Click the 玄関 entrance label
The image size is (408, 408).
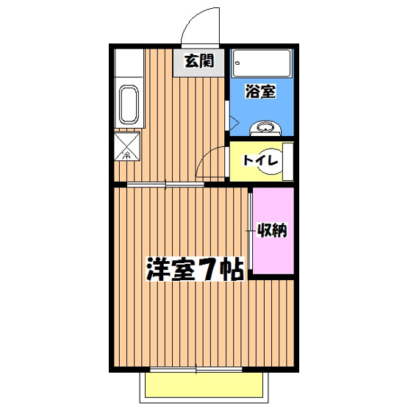(198, 62)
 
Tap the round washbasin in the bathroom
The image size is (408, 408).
(264, 129)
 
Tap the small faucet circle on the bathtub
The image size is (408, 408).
(237, 64)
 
